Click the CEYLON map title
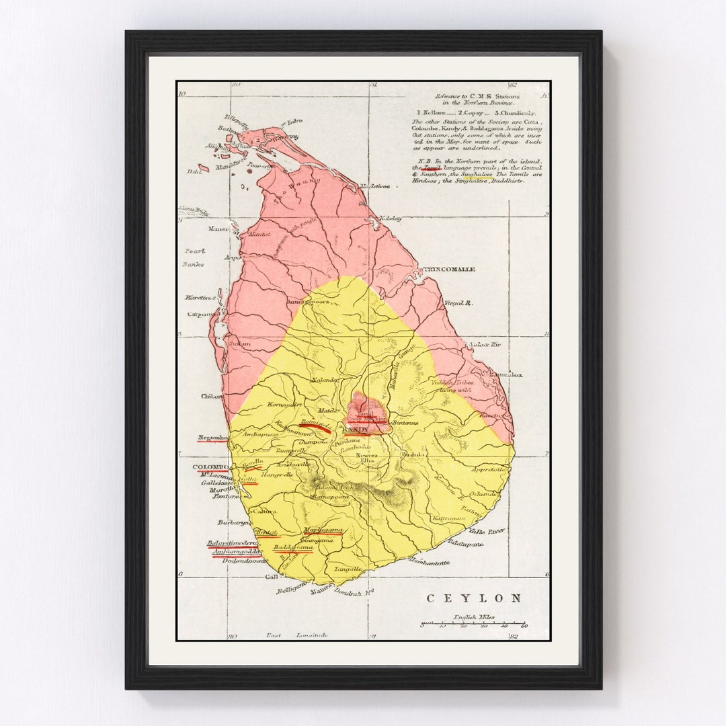(x=474, y=598)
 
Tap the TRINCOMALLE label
(x=449, y=270)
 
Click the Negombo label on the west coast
(x=212, y=438)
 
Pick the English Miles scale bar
(x=473, y=623)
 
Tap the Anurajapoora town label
(x=309, y=302)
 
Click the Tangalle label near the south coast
(x=348, y=569)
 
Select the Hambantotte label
(x=429, y=561)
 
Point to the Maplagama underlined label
(x=323, y=530)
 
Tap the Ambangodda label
(x=236, y=552)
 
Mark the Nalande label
(x=324, y=380)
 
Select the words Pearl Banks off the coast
(x=194, y=257)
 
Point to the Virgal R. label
(x=458, y=303)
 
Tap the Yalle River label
(x=488, y=531)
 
